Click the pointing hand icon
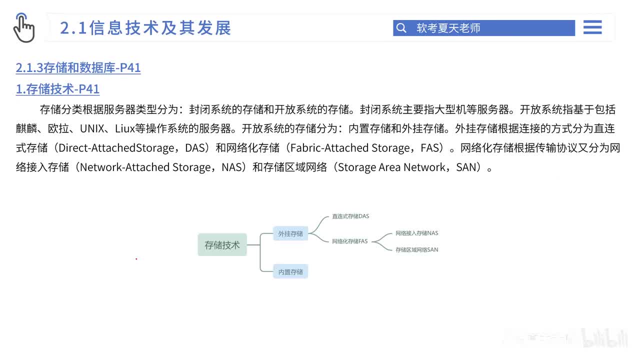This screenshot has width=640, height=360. point(23,28)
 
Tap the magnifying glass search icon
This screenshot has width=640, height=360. point(401,28)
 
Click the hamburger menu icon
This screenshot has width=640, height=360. point(592,27)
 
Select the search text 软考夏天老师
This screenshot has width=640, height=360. point(448,28)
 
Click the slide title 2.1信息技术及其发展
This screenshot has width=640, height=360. point(145,28)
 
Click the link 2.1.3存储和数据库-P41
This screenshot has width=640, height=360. point(78,67)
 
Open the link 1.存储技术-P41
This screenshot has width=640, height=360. point(57,89)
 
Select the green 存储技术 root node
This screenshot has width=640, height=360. point(222,245)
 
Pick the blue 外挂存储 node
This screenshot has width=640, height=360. point(290,233)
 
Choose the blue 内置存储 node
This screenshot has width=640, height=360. point(290,272)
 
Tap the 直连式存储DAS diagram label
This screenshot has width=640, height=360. point(350,216)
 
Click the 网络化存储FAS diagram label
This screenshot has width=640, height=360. point(349,241)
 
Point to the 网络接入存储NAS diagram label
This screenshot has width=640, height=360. point(416,233)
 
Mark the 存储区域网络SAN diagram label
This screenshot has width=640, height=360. point(416,249)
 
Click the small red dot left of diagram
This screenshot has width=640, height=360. point(136,259)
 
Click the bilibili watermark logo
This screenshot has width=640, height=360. point(605,338)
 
